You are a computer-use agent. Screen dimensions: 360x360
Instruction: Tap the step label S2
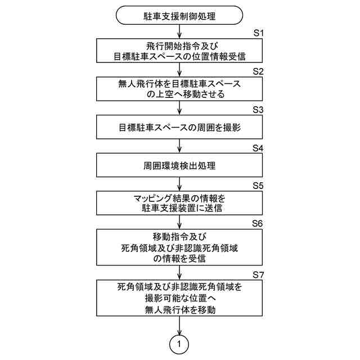(x=258, y=72)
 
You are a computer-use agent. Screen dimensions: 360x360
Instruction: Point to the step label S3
(x=258, y=110)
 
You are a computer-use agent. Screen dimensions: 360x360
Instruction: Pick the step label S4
(x=258, y=148)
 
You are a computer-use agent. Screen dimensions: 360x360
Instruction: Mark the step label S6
(x=258, y=223)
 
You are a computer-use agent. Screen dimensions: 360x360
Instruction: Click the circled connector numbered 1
(x=179, y=343)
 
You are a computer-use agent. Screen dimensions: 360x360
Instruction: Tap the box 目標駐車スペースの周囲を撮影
(x=179, y=128)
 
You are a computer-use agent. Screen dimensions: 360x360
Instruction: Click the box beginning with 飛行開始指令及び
(x=179, y=51)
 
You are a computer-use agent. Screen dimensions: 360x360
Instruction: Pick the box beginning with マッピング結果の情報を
(x=179, y=204)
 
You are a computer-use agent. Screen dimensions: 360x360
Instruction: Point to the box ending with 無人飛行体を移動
(x=179, y=298)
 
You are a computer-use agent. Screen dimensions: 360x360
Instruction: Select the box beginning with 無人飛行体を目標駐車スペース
(x=179, y=89)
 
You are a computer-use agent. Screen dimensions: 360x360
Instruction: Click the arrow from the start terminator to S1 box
(x=179, y=32)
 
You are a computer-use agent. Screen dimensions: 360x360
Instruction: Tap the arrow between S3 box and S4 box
(x=179, y=147)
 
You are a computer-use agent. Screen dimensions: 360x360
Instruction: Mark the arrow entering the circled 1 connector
(x=179, y=326)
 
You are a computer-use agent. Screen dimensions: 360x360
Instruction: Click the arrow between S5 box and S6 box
(x=179, y=222)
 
